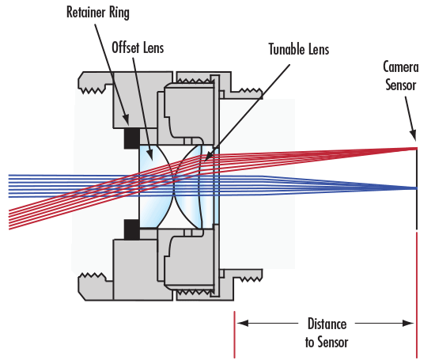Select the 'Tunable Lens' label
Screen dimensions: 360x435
point(297,50)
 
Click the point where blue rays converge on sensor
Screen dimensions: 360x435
point(416,188)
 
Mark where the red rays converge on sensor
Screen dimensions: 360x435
point(416,148)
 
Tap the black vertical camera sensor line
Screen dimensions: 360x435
point(417,206)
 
